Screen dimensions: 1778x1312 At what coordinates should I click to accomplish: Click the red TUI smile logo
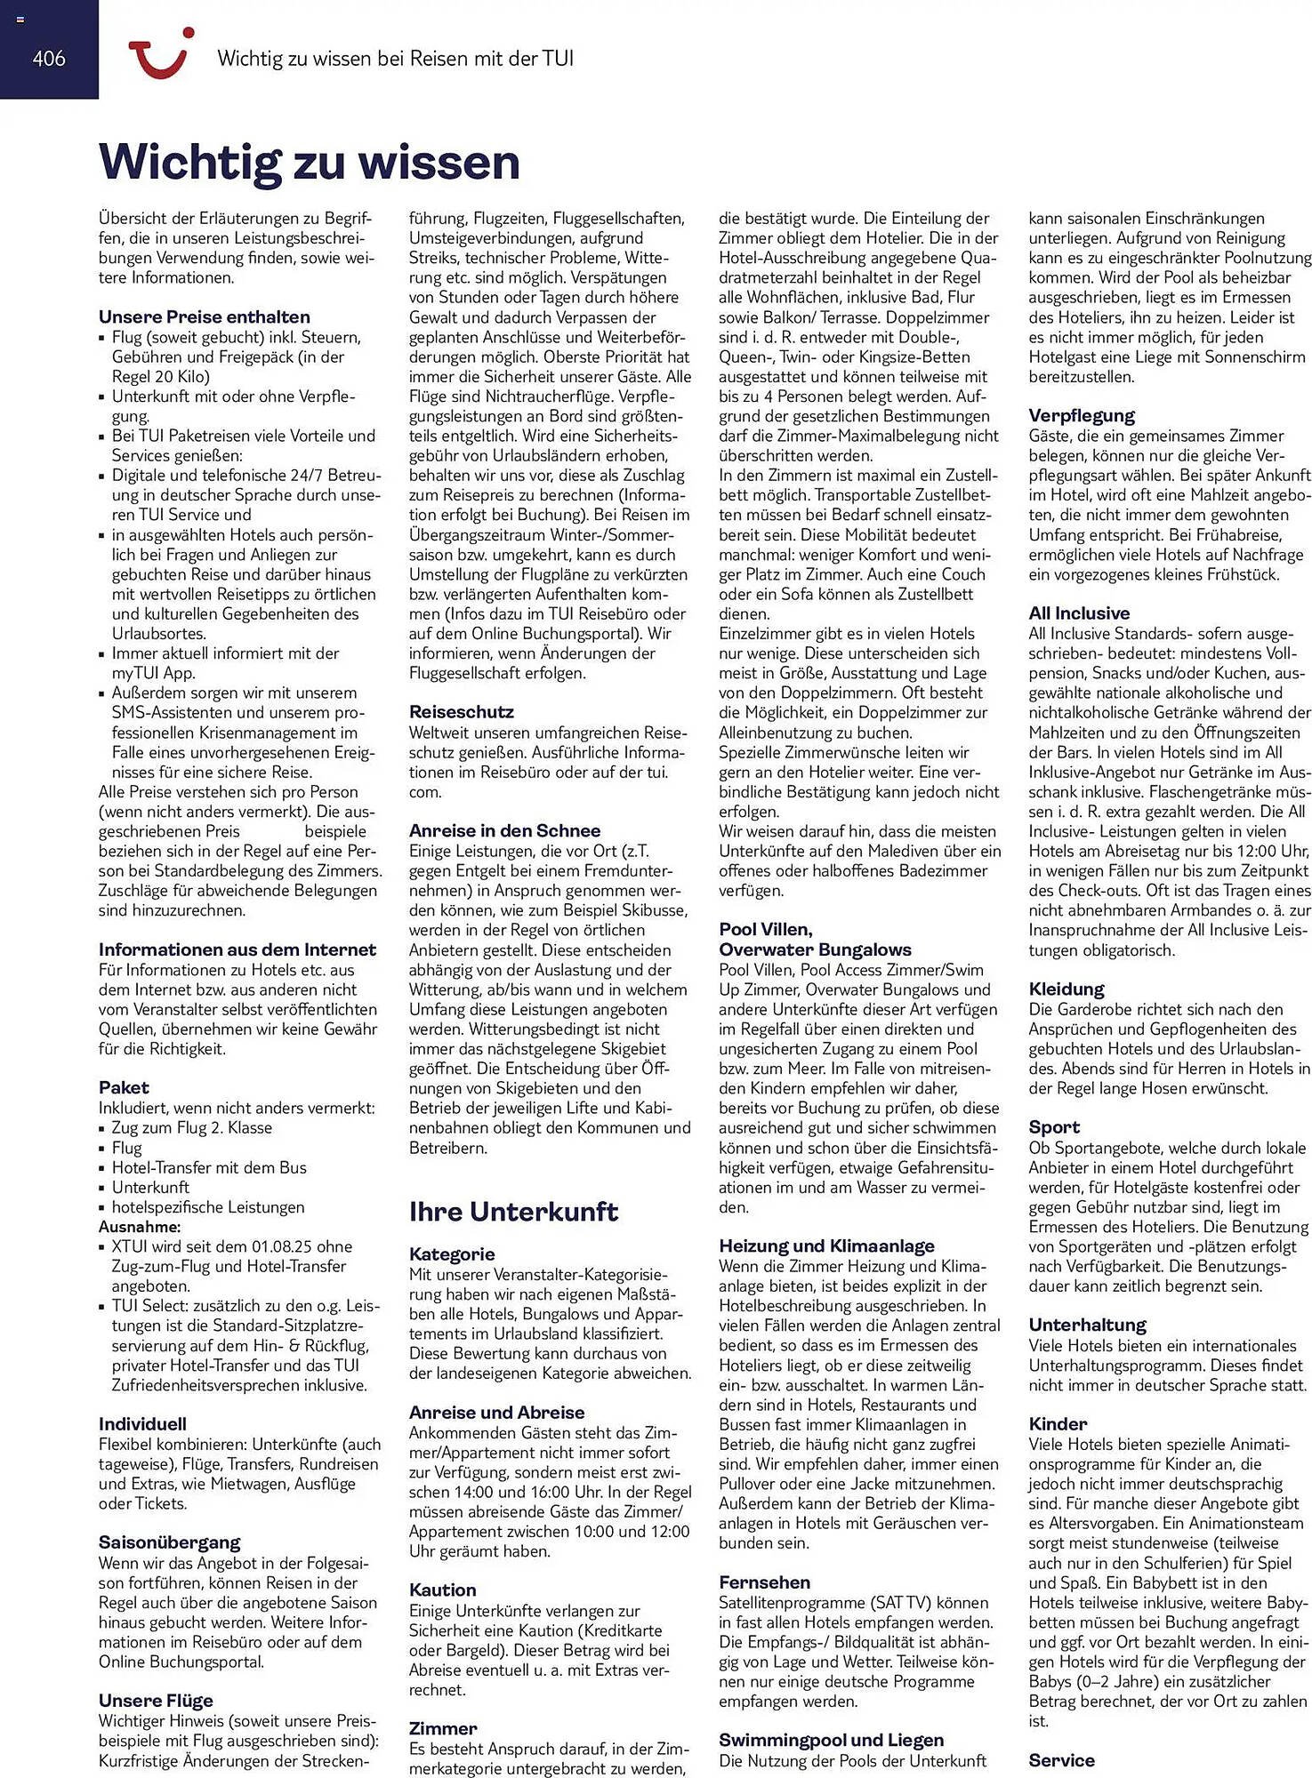click(x=160, y=56)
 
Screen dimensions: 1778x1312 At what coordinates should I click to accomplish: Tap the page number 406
click(x=49, y=59)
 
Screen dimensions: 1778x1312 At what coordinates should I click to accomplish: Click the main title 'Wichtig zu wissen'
click(x=309, y=162)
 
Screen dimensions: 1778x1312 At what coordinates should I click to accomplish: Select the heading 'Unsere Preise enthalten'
click(x=205, y=316)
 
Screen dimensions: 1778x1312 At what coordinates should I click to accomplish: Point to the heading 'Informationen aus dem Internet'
click(x=237, y=949)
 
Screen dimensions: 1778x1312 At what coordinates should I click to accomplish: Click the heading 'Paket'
click(x=124, y=1087)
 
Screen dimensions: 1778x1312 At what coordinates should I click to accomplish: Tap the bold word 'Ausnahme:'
click(x=140, y=1227)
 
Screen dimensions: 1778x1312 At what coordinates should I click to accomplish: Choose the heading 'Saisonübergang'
click(x=170, y=1542)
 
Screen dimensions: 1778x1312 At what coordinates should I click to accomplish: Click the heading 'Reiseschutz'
click(x=461, y=712)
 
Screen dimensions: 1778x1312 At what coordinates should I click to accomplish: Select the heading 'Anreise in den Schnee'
click(x=504, y=830)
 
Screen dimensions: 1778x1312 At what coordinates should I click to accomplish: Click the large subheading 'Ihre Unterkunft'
click(x=513, y=1212)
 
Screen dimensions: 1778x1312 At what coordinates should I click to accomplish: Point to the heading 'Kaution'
click(x=442, y=1590)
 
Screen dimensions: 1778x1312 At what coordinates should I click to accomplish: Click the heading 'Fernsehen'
click(x=764, y=1582)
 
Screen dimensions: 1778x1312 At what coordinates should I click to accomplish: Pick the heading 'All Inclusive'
click(x=1079, y=613)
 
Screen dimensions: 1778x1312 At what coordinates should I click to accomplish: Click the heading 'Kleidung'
click(x=1067, y=989)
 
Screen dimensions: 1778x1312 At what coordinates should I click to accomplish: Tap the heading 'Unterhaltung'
click(x=1087, y=1325)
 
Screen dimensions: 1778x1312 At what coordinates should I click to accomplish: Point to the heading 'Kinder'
click(x=1058, y=1423)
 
